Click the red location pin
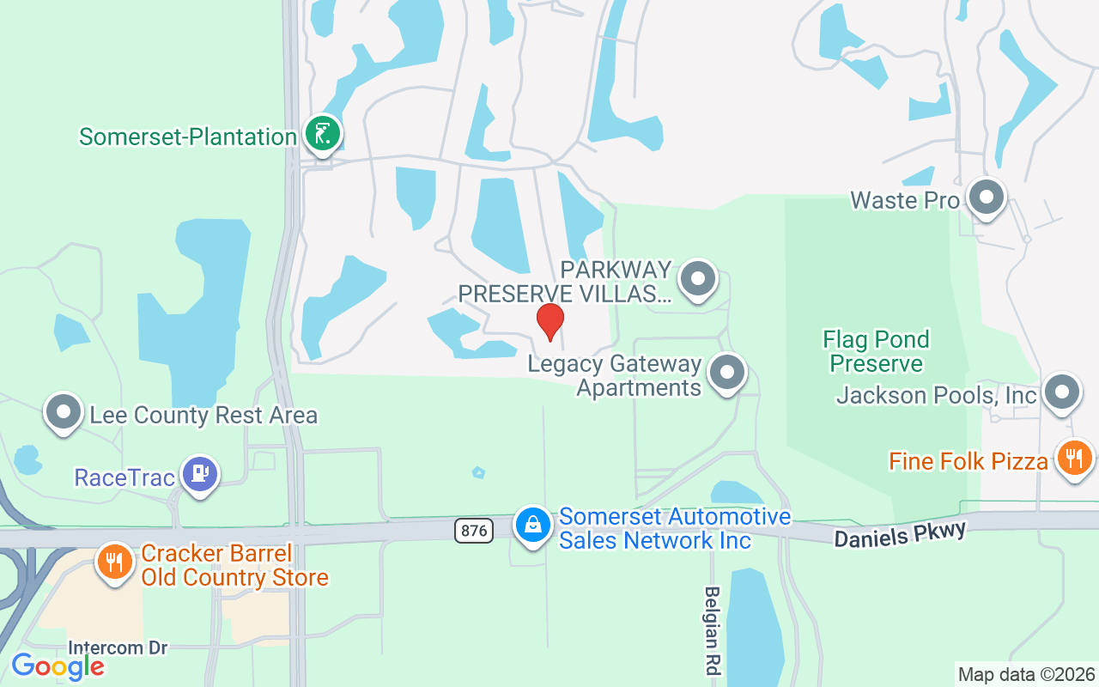point(550,321)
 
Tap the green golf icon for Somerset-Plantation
point(322,134)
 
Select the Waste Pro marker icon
point(986,198)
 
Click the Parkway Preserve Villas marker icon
point(698,278)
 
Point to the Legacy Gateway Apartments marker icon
point(727,373)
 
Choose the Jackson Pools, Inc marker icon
point(1062,392)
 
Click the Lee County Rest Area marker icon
point(63,412)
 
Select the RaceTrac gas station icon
point(200,473)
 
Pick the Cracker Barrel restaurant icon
point(113,562)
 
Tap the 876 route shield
point(473,531)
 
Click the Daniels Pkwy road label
point(900,532)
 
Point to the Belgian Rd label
point(712,629)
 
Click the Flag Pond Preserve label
point(876,351)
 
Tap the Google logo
point(58,666)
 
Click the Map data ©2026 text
point(1026,674)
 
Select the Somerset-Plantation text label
point(187,137)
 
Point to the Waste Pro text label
point(904,200)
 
